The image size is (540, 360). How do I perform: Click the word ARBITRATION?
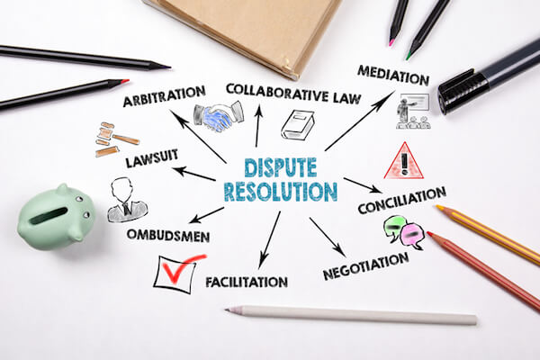[x=165, y=95]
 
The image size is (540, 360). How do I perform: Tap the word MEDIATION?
[x=393, y=75]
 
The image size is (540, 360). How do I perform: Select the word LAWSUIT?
[x=151, y=158]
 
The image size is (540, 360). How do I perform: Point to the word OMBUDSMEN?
[x=168, y=236]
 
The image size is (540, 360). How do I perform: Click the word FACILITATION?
[x=247, y=282]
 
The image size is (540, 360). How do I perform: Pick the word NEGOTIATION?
[x=365, y=266]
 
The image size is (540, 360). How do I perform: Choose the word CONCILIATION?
[x=402, y=201]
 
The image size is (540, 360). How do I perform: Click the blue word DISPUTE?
[x=280, y=167]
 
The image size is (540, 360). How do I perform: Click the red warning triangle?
[x=403, y=161]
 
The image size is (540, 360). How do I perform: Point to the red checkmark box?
[x=177, y=274]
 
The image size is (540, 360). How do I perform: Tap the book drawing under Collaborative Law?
[x=298, y=125]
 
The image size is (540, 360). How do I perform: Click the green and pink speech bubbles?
[x=404, y=232]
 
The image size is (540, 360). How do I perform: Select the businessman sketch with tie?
[x=126, y=200]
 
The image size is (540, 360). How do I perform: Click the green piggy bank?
[x=57, y=217]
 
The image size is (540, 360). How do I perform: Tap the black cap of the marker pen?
[x=463, y=91]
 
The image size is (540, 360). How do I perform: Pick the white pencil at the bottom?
[x=351, y=314]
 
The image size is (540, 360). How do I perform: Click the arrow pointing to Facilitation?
[x=269, y=240]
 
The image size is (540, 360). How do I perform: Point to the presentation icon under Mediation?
[x=413, y=112]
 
